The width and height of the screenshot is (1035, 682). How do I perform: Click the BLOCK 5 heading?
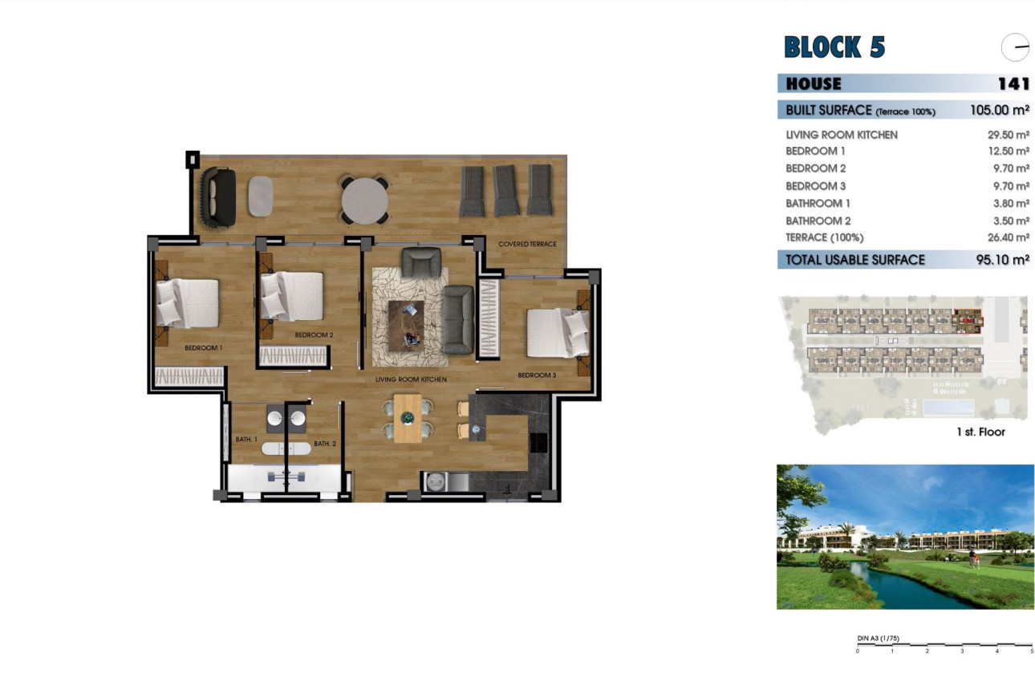point(834,47)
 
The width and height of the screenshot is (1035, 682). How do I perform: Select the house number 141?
point(1013,83)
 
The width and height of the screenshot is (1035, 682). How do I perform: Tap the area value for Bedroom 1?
point(1008,152)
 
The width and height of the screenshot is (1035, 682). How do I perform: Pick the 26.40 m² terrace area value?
point(1008,237)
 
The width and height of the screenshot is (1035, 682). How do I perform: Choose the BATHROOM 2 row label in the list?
point(818,221)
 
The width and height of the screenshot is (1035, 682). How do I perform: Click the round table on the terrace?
point(365,199)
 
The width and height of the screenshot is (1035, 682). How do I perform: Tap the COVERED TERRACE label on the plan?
point(527,244)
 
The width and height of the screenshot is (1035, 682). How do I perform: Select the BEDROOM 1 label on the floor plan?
point(203,348)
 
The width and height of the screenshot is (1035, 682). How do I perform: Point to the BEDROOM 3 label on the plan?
point(537,376)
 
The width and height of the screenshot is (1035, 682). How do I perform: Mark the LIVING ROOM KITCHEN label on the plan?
point(411,379)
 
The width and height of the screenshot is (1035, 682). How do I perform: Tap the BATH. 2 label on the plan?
point(324,444)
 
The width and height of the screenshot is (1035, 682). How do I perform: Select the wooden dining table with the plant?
point(407,418)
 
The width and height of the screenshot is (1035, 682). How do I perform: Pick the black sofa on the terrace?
point(217,197)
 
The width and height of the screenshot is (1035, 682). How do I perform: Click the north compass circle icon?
point(1015,48)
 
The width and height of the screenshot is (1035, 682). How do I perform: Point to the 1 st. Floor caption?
point(980,432)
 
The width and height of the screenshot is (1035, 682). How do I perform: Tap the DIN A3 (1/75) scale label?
point(878,639)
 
